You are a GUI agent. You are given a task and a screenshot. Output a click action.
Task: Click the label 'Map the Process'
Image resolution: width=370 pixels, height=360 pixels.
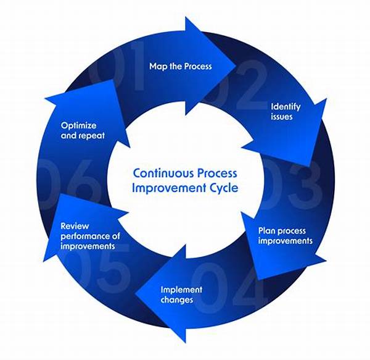[181, 66]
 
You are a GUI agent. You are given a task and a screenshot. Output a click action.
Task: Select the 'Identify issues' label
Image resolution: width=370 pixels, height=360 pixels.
[286, 112]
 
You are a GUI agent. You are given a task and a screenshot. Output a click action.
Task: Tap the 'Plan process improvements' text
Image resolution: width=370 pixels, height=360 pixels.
[286, 236]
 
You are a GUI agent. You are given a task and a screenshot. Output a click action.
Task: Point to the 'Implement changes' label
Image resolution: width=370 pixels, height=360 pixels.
[181, 295]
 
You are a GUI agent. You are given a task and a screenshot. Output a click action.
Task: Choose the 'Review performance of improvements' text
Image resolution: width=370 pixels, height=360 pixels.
[91, 236]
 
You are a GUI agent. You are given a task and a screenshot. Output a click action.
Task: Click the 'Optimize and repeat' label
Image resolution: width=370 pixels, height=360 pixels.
[83, 130]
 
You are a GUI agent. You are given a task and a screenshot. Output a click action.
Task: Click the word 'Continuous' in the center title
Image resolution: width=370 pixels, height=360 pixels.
[163, 173]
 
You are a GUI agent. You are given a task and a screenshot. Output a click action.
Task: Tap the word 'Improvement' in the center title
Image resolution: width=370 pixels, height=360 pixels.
[169, 188]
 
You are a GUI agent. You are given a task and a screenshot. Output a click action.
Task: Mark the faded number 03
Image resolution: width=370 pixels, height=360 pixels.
[292, 185]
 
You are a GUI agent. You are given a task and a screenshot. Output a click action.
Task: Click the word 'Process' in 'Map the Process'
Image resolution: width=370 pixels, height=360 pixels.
[198, 66]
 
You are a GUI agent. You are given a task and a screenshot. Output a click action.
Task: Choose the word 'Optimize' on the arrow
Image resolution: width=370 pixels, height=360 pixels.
[78, 126]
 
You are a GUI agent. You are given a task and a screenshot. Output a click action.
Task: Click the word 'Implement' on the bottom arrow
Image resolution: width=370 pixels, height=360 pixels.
[181, 290]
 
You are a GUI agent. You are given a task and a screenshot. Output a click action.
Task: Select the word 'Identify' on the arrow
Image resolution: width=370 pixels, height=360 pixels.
[286, 107]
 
